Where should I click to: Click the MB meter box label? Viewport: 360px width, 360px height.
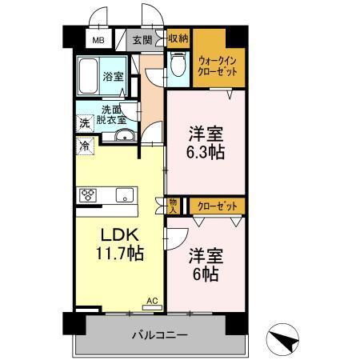[97, 39]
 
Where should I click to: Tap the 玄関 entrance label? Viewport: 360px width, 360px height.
[141, 39]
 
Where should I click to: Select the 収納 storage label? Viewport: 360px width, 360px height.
[178, 38]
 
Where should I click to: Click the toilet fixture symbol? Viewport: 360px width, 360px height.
[178, 66]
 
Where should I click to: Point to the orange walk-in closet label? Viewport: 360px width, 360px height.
[217, 65]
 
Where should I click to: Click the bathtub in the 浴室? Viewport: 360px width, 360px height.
[89, 77]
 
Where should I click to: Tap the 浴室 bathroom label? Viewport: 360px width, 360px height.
[113, 77]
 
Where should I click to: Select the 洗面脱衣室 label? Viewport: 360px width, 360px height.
[113, 114]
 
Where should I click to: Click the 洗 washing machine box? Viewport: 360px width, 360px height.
[83, 124]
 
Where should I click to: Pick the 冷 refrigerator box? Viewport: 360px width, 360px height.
[83, 146]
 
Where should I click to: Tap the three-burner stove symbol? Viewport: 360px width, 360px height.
[88, 194]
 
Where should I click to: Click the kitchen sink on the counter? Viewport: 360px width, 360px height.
[123, 194]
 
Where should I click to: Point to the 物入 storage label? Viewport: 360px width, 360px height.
[174, 206]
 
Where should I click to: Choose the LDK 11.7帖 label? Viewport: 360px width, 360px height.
[120, 245]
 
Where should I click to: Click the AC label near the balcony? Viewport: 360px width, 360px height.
[151, 302]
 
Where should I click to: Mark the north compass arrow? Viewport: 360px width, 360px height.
[284, 339]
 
